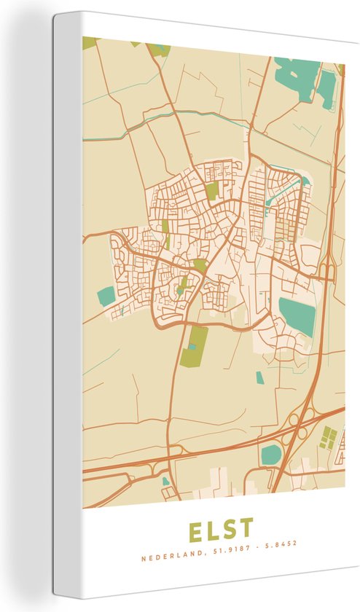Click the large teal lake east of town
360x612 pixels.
click(297, 315)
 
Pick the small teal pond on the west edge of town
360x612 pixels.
click(107, 295)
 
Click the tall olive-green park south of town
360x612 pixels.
click(194, 345)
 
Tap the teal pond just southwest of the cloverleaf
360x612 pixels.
click(271, 455)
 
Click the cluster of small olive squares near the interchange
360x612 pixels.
click(327, 437)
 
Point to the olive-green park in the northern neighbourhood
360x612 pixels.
click(211, 192)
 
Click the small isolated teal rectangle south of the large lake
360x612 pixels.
click(259, 377)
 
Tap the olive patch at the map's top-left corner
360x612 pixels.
click(90, 42)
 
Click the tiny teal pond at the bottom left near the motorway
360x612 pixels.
click(165, 481)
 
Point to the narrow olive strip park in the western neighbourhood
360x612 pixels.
click(166, 233)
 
